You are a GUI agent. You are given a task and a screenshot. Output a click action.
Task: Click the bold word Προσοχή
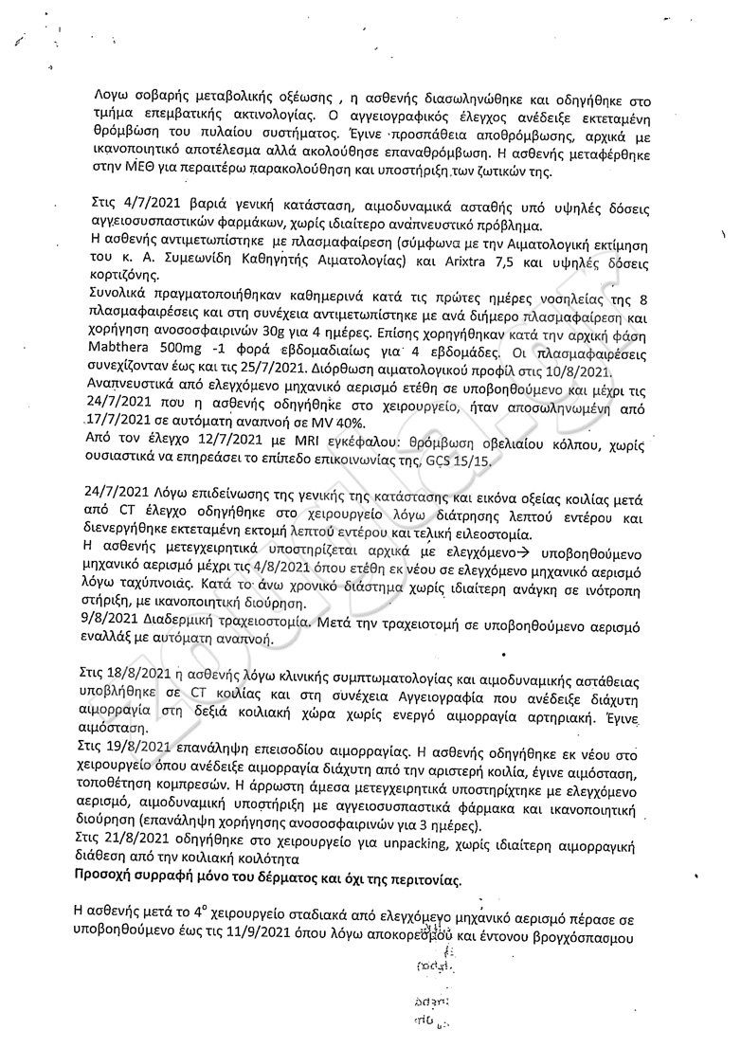coord(108,876)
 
